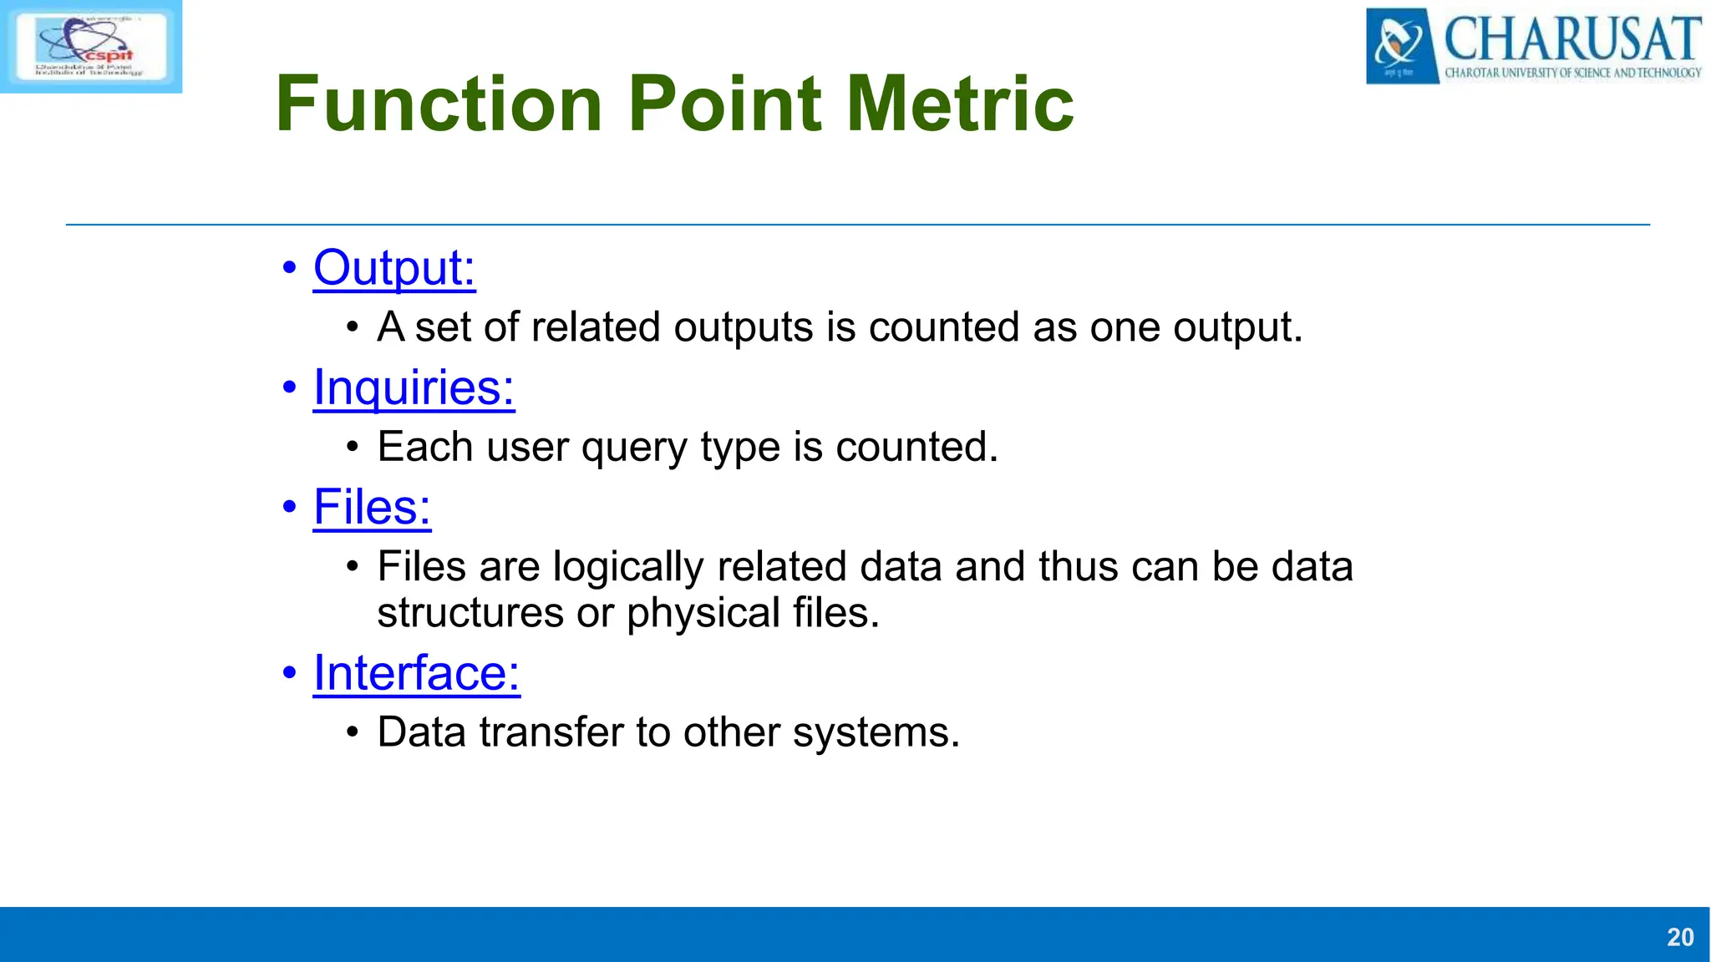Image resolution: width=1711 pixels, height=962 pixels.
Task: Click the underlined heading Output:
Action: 394,268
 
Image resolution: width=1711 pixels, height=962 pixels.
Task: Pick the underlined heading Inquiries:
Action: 414,387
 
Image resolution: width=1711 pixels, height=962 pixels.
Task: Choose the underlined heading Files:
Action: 372,507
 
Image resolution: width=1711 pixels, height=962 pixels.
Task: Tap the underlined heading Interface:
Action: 416,673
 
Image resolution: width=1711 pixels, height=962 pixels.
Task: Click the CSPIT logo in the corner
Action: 90,46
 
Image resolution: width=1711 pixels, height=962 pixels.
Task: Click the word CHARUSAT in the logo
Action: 1572,38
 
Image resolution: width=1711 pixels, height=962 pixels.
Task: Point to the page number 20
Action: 1680,937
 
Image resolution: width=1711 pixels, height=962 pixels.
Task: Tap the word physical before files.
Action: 703,613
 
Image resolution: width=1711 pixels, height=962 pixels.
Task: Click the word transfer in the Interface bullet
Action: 551,732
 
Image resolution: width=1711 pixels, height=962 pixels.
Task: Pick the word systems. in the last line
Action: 876,732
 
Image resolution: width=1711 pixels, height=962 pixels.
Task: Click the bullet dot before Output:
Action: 289,269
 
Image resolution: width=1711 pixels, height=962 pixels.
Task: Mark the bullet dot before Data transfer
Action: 353,733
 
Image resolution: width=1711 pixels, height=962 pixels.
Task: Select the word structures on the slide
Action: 470,613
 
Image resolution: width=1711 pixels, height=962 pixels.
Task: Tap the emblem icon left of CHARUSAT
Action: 1401,46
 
